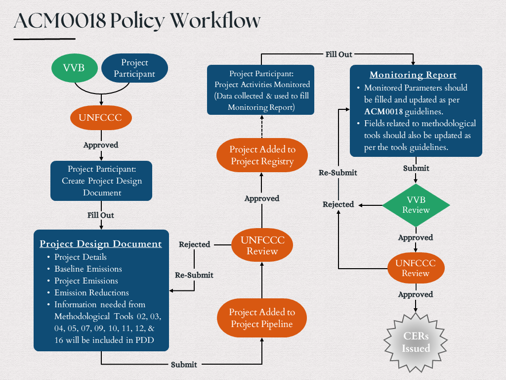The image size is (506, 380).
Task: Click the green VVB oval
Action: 74,68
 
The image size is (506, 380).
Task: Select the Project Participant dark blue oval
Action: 134,68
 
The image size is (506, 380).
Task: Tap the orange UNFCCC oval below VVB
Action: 101,118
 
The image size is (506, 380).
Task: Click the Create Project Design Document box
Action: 101,181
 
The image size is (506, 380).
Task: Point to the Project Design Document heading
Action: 101,244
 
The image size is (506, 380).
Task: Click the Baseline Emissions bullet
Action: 88,269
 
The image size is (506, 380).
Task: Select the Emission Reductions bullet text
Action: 91,293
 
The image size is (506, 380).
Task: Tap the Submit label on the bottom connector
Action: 184,365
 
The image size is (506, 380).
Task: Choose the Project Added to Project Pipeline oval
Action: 262,319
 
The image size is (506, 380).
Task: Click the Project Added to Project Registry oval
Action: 262,155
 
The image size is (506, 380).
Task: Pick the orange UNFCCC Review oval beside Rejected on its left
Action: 262,245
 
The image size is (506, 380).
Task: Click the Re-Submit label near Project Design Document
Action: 194,275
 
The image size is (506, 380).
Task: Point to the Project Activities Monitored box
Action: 260,90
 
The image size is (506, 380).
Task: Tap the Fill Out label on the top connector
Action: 338,54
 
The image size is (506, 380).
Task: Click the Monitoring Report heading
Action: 413,75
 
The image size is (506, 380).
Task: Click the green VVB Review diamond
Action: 416,204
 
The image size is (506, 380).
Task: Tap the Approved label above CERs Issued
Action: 416,294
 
